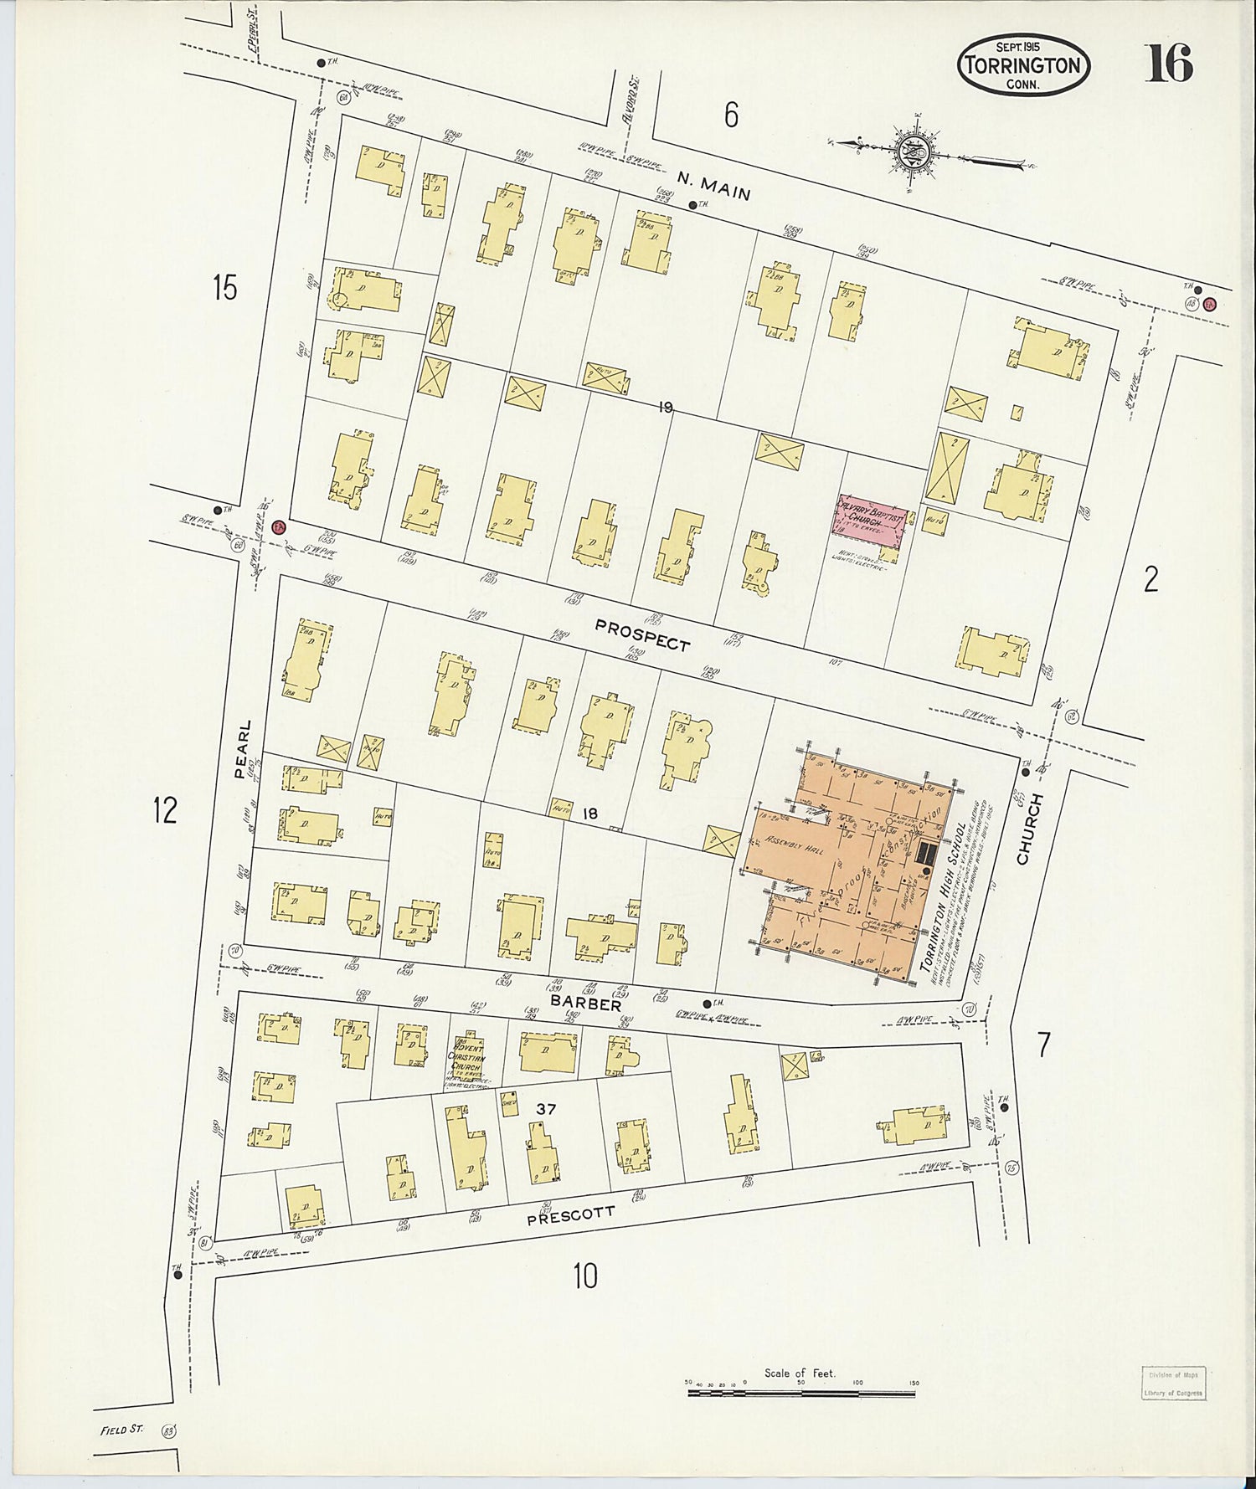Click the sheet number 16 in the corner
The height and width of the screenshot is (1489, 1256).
[x=1168, y=63]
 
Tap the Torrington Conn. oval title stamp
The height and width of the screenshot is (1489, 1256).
[x=1023, y=64]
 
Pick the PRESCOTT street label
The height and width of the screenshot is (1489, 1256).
[x=571, y=1215]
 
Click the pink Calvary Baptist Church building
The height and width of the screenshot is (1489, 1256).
[x=870, y=522]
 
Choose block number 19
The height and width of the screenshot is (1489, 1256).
[x=665, y=408]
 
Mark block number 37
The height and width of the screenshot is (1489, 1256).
[x=546, y=1109]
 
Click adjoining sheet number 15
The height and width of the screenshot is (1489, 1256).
[x=224, y=288]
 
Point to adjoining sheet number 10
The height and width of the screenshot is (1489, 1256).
[x=585, y=1276]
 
